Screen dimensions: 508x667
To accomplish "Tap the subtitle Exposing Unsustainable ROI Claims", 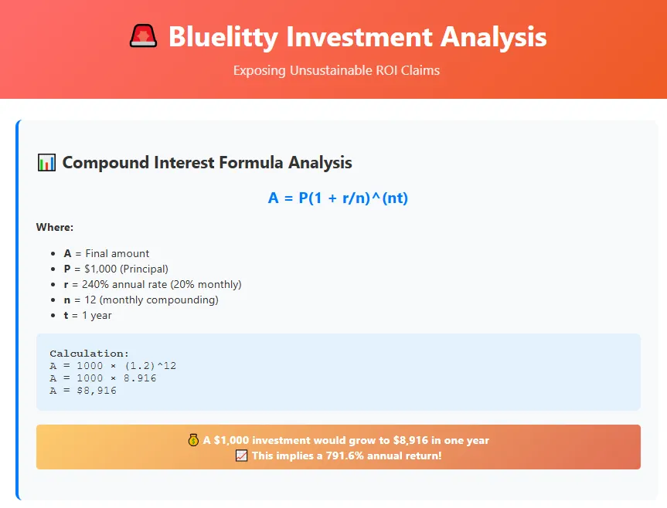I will (x=336, y=70).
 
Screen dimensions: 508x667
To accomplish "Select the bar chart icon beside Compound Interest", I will (x=46, y=163).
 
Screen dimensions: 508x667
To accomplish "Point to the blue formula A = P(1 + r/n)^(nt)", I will (x=338, y=198).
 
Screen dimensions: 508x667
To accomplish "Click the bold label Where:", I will (x=54, y=227).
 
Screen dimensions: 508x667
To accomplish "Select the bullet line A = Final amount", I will (x=106, y=253).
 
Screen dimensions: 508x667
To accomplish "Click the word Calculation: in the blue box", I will (x=89, y=354).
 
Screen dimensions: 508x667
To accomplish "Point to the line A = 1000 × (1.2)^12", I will (x=113, y=366).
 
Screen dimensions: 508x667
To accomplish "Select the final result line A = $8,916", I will (x=83, y=391).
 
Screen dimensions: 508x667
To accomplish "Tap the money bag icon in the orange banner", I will (x=194, y=440).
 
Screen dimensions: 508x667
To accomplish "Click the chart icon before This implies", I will (x=241, y=456).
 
